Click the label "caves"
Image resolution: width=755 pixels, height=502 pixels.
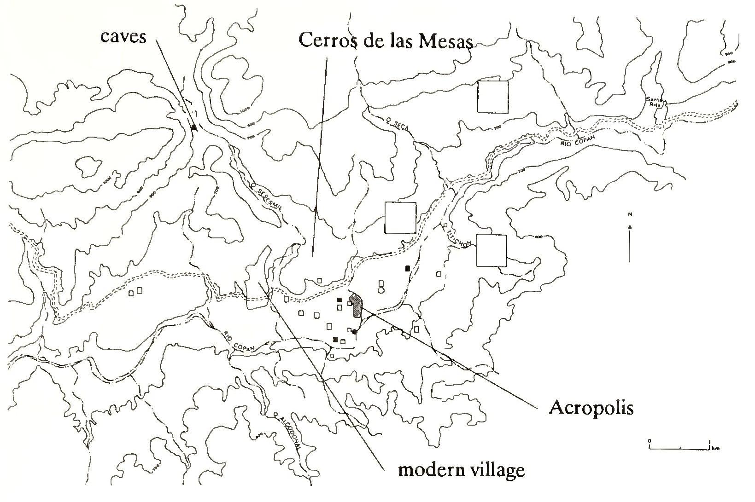(x=123, y=35)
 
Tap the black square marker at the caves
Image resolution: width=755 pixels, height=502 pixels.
(x=194, y=127)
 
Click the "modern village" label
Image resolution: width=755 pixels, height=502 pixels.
(x=461, y=470)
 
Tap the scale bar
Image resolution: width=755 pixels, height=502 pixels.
(x=679, y=447)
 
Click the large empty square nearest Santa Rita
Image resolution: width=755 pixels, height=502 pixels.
(x=492, y=97)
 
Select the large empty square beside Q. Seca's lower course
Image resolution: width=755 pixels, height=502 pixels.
(x=400, y=218)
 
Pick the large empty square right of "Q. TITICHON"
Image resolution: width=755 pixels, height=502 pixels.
(x=491, y=250)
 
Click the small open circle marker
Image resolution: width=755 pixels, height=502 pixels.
(x=380, y=290)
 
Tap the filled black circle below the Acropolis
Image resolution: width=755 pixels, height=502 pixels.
(x=354, y=331)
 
